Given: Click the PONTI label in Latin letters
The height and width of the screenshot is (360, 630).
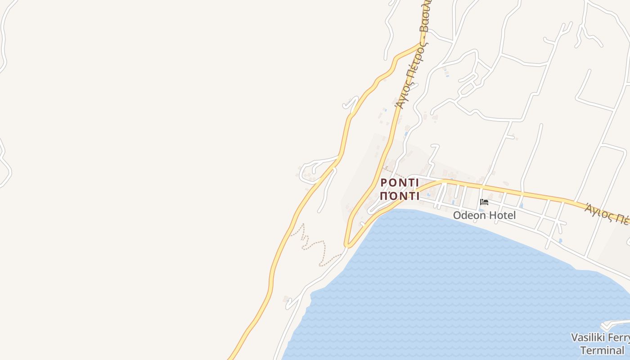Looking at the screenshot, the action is pos(400,183).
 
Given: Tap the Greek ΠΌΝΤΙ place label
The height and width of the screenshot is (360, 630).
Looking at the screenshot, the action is pos(400,196).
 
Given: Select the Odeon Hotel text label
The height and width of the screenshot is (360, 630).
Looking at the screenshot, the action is pos(484,216).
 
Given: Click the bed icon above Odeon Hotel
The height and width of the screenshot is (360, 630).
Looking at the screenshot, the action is pos(484,202).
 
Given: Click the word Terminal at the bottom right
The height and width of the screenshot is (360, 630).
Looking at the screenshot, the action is pos(602,350).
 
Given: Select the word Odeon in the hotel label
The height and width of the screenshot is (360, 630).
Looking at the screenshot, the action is pos(468,216).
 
